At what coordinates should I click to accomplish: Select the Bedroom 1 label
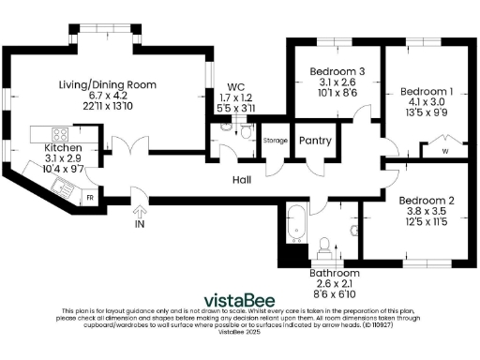(x=427, y=91)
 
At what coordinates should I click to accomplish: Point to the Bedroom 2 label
(x=426, y=200)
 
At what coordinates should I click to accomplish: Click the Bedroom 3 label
(x=337, y=73)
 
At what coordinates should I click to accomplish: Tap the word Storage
(x=276, y=141)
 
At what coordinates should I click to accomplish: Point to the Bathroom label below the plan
(x=334, y=273)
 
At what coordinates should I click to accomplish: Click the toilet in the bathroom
(x=325, y=247)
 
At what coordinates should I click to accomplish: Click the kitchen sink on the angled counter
(x=65, y=187)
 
